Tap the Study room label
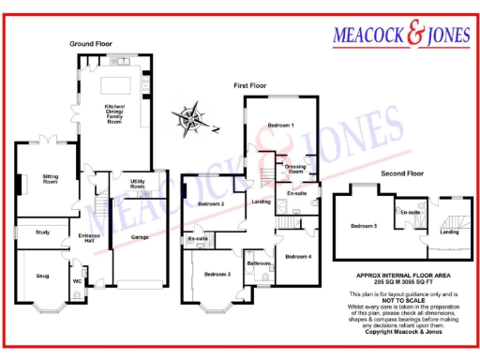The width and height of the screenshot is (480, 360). (x=41, y=232)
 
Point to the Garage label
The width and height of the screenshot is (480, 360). (x=139, y=237)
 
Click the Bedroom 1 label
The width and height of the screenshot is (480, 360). (x=280, y=125)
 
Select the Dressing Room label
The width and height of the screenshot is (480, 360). (x=294, y=170)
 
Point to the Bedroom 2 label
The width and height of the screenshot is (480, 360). (x=211, y=203)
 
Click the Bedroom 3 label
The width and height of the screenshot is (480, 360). (x=217, y=274)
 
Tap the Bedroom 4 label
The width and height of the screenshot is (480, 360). (x=298, y=256)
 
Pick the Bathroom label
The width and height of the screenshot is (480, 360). (x=259, y=263)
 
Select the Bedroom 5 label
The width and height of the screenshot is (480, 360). (x=365, y=226)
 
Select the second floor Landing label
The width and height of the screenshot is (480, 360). (x=450, y=231)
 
